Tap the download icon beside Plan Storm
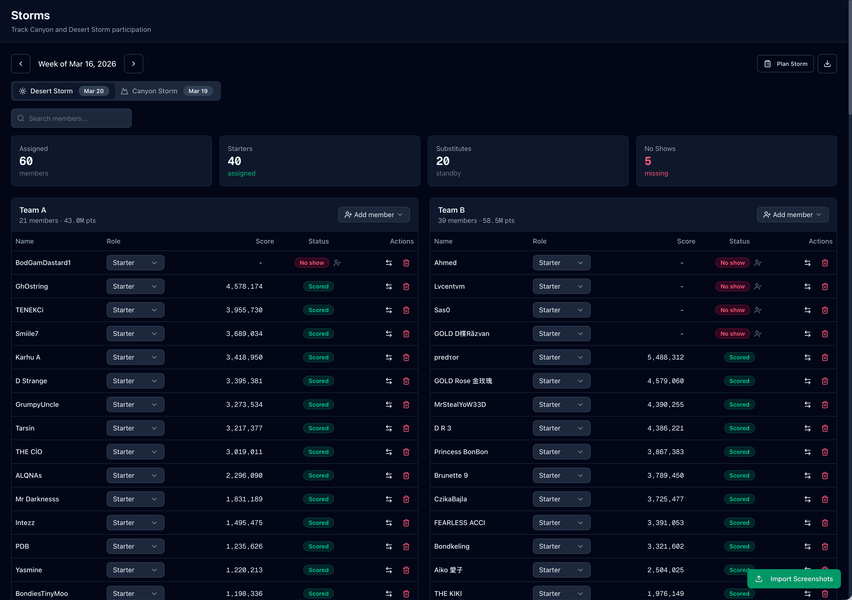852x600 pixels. [x=827, y=64]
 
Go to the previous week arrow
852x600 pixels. [x=21, y=64]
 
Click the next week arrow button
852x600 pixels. [x=134, y=64]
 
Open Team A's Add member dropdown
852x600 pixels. [x=374, y=215]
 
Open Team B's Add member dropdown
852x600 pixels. [x=792, y=215]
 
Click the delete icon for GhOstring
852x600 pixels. [x=406, y=286]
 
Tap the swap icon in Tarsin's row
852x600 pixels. [x=389, y=428]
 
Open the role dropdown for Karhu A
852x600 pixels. [x=135, y=357]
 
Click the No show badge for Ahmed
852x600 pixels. [x=732, y=263]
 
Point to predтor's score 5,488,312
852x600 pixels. [x=665, y=357]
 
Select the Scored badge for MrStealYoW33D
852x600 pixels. [x=739, y=404]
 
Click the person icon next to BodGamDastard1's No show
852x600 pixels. [x=337, y=263]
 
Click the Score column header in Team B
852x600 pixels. [x=686, y=241]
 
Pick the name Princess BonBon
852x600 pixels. [x=461, y=452]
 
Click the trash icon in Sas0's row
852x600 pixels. [x=825, y=310]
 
